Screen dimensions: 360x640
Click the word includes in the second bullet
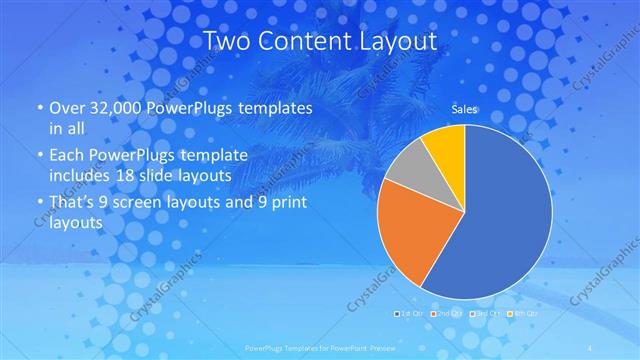(84, 176)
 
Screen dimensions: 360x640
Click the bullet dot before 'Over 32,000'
(39, 108)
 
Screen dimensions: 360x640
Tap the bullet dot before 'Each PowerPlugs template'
(39, 155)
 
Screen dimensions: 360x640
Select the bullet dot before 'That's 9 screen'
(39, 202)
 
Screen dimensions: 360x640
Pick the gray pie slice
(406, 171)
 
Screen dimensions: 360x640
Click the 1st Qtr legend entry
(410, 314)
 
